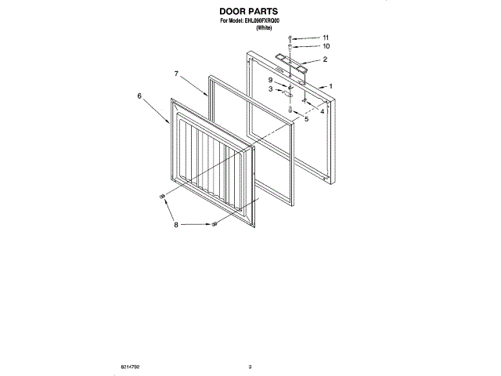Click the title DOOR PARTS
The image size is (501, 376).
(x=250, y=13)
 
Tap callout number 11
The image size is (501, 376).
(x=326, y=38)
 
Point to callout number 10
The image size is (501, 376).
(x=326, y=47)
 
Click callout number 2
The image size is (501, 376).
(x=324, y=60)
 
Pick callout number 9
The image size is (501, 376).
(x=270, y=80)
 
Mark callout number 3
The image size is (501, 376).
(x=270, y=89)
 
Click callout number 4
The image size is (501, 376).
(x=322, y=111)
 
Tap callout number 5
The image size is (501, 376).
(x=306, y=119)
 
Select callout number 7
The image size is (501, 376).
(x=177, y=74)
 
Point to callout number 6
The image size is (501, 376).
(x=139, y=96)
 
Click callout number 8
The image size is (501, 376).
(x=176, y=225)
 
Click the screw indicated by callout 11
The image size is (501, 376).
(x=290, y=38)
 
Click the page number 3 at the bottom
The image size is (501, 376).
(x=250, y=366)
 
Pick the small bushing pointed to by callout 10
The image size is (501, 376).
(x=290, y=47)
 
